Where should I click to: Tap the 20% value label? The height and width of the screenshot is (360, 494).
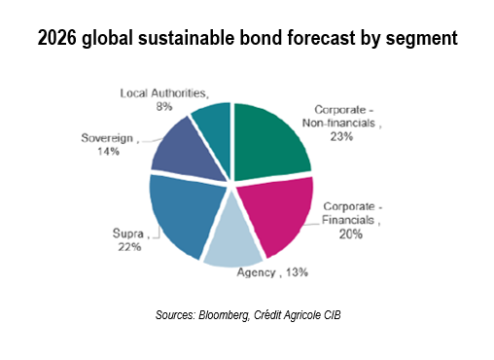click(349, 234)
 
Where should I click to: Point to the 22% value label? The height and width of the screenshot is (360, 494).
click(129, 247)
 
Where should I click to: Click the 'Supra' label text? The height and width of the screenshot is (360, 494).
click(125, 234)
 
